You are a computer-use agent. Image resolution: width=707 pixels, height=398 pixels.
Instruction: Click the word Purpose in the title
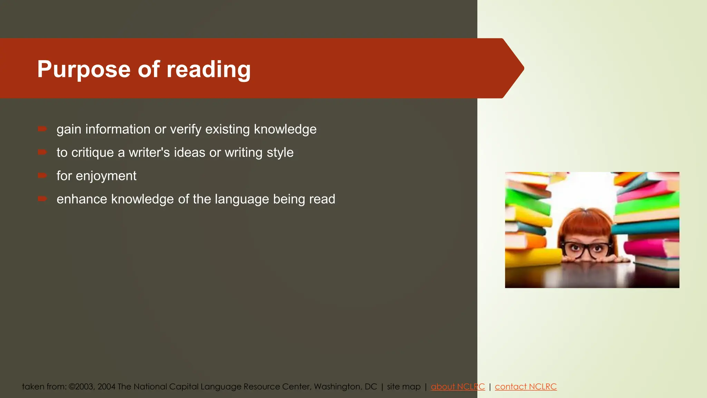(84, 69)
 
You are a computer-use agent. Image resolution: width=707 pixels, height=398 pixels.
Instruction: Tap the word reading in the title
(209, 69)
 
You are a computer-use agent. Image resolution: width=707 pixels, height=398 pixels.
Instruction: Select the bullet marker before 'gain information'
(42, 129)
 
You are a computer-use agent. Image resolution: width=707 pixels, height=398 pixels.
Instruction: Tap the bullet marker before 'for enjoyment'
(42, 176)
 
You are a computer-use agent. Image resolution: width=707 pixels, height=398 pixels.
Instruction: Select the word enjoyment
(106, 176)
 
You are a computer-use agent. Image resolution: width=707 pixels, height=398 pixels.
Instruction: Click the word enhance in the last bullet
(82, 199)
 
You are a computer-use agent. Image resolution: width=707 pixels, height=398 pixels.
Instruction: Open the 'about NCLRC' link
(458, 387)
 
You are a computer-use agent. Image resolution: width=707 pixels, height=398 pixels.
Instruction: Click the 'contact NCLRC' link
(526, 387)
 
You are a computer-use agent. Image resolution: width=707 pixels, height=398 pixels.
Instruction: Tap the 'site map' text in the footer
(404, 387)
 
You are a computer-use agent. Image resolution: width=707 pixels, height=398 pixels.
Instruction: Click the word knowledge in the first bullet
(285, 129)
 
